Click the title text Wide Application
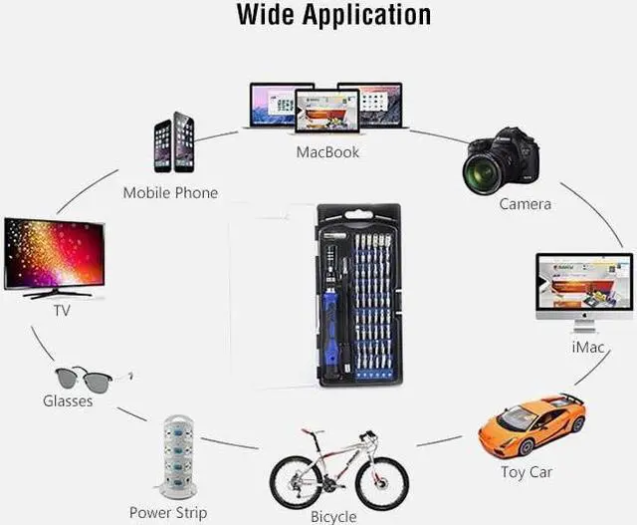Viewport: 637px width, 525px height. pos(333,15)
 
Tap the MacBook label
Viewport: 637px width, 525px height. pos(327,152)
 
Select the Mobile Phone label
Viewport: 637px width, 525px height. pos(170,192)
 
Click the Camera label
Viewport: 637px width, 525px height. pos(525,204)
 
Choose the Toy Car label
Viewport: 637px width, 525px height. pos(528,471)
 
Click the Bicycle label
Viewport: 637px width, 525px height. pos(333,516)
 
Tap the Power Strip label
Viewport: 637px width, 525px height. pos(168,512)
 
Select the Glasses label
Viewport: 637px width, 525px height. pos(68,400)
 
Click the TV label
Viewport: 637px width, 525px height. pos(62,310)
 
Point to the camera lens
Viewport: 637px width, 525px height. pos(484,170)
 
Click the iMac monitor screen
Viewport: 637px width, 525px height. pos(584,284)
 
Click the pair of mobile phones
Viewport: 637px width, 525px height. pos(174,144)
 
